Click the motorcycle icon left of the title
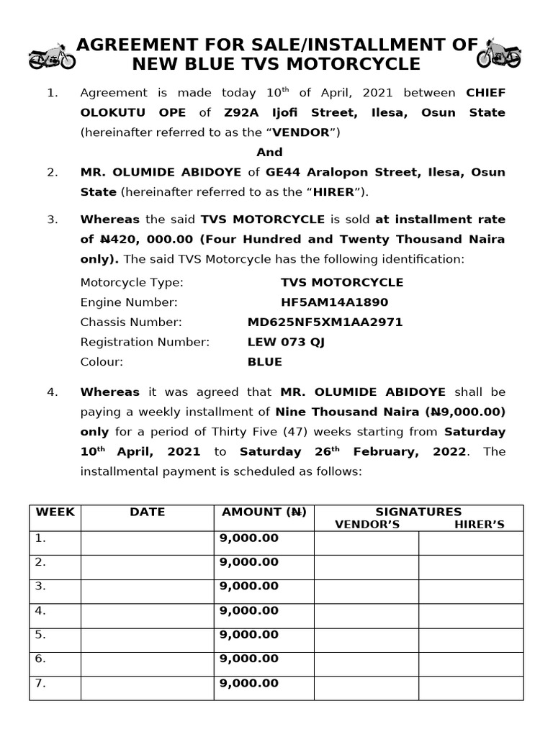click(x=51, y=55)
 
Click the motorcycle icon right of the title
click(x=499, y=53)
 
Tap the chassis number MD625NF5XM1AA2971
click(x=325, y=322)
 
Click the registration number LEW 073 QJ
click(x=286, y=342)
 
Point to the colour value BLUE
click(x=264, y=361)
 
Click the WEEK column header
click(x=55, y=512)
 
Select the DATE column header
click(x=147, y=512)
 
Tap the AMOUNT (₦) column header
click(x=264, y=512)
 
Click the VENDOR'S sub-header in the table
click(x=367, y=524)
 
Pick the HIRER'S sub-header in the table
click(x=479, y=524)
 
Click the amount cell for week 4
click(x=248, y=610)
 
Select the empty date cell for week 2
click(x=147, y=567)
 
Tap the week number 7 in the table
click(x=40, y=683)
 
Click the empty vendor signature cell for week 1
click(x=366, y=543)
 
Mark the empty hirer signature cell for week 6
click(x=471, y=664)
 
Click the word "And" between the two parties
click(x=269, y=152)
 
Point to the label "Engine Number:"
click(x=128, y=302)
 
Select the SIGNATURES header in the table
click(x=418, y=512)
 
